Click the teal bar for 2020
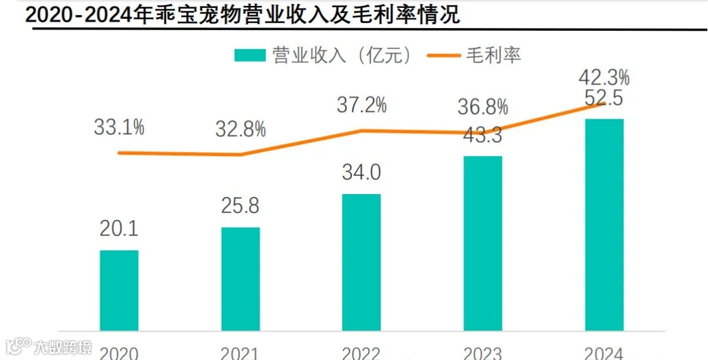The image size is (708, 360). click(119, 290)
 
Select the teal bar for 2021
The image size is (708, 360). click(241, 279)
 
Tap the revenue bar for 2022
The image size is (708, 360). click(361, 262)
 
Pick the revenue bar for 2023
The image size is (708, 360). click(482, 243)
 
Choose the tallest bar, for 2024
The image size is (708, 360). click(604, 224)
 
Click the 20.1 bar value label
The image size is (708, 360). click(119, 230)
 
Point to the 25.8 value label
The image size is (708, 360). click(241, 206)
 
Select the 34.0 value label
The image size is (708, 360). click(361, 173)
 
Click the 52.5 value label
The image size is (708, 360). click(604, 99)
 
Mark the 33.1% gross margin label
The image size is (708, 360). click(119, 127)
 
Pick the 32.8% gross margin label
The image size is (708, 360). click(241, 129)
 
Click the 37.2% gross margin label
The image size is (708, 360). click(361, 104)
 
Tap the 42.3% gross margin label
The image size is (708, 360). click(604, 77)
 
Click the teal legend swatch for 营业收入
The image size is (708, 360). click(250, 55)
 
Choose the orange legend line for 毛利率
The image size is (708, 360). click(443, 55)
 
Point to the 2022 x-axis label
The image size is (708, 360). click(361, 353)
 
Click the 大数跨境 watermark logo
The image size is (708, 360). click(49, 346)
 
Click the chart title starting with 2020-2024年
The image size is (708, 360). click(243, 15)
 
